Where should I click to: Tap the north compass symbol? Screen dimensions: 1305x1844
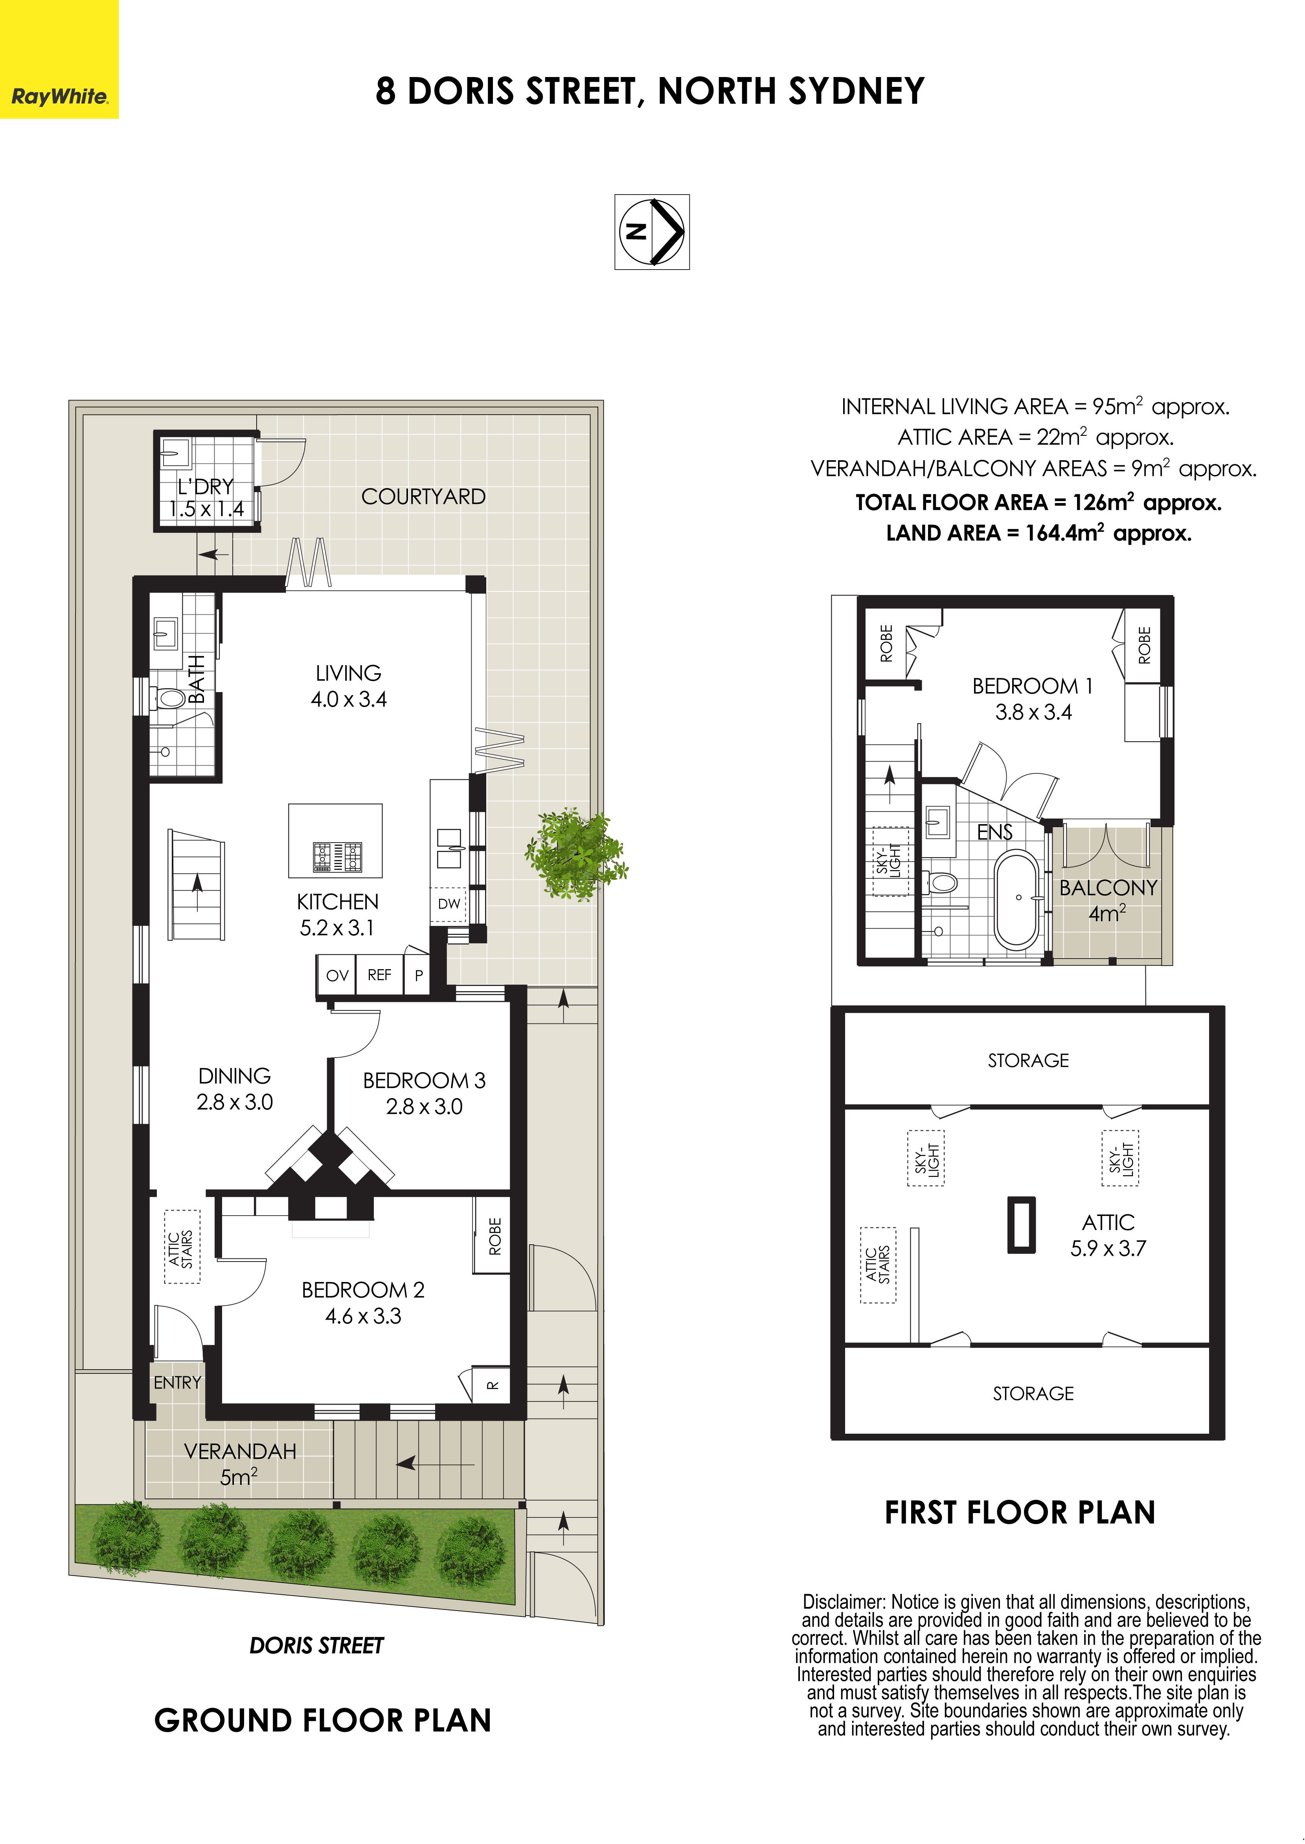(x=652, y=231)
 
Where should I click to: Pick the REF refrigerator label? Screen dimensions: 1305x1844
(x=379, y=975)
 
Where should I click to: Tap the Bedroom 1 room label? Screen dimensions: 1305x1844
(x=1033, y=699)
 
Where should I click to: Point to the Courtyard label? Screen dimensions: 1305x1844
(x=423, y=496)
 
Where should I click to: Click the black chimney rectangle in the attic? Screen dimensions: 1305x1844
(x=1021, y=1225)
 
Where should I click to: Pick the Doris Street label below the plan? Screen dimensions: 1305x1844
(x=316, y=1646)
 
